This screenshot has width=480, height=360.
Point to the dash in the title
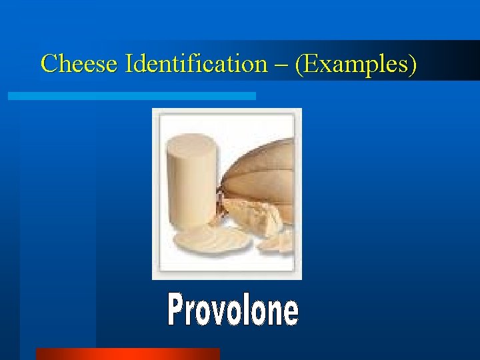point(283,65)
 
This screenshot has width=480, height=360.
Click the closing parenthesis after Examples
point(413,65)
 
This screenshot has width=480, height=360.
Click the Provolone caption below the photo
point(233,311)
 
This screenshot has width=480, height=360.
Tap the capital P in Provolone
point(177,311)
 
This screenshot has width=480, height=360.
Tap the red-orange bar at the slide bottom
point(127,353)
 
